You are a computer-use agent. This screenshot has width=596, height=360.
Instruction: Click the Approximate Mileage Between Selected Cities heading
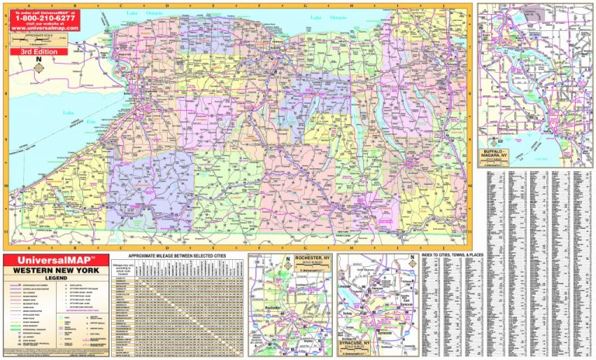tap(177, 256)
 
